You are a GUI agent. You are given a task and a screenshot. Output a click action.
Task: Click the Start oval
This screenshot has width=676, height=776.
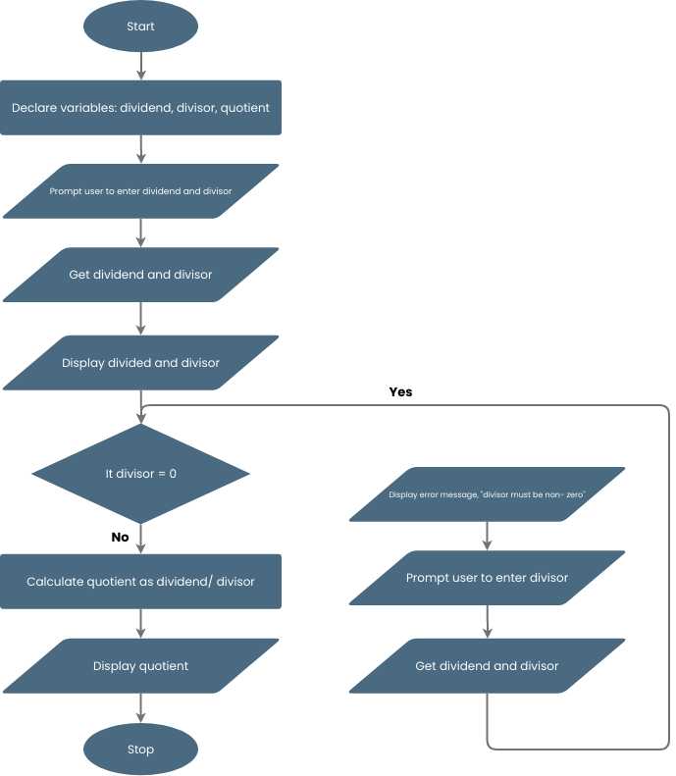click(140, 26)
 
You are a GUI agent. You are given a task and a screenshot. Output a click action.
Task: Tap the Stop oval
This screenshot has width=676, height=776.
click(140, 750)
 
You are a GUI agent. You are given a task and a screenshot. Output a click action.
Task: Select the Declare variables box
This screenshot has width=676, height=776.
click(140, 108)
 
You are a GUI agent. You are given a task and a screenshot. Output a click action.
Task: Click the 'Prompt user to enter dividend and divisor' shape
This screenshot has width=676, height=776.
click(140, 191)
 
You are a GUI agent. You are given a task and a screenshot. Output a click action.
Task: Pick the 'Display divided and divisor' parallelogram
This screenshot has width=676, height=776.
click(140, 363)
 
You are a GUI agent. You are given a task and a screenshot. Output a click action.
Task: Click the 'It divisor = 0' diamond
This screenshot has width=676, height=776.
click(140, 474)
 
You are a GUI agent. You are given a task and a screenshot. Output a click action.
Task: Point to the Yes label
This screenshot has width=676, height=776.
click(400, 391)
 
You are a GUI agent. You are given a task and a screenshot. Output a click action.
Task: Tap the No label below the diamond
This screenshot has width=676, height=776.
click(121, 538)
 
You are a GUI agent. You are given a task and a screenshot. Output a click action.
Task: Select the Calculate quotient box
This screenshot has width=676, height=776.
click(140, 582)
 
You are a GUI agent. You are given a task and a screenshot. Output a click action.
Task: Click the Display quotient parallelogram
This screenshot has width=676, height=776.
click(140, 666)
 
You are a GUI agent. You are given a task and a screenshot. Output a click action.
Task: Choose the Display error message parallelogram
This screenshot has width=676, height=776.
click(487, 495)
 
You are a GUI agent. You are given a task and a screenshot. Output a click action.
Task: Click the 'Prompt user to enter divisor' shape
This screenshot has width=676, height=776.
click(487, 578)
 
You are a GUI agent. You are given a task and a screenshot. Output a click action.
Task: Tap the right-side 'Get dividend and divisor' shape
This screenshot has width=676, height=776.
click(487, 666)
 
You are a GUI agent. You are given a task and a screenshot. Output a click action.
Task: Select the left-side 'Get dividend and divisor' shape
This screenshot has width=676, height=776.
click(140, 275)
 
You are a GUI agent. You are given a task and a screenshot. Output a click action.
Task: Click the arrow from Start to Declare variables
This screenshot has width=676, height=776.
click(141, 66)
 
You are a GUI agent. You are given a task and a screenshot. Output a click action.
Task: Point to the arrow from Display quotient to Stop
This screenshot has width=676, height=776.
click(141, 707)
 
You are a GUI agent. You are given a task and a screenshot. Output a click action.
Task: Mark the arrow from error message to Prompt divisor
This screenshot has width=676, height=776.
click(488, 536)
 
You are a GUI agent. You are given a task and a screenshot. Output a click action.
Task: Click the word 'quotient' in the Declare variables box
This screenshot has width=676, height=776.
click(245, 108)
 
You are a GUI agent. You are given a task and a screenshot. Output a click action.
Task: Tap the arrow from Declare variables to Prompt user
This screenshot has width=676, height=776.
click(141, 149)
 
